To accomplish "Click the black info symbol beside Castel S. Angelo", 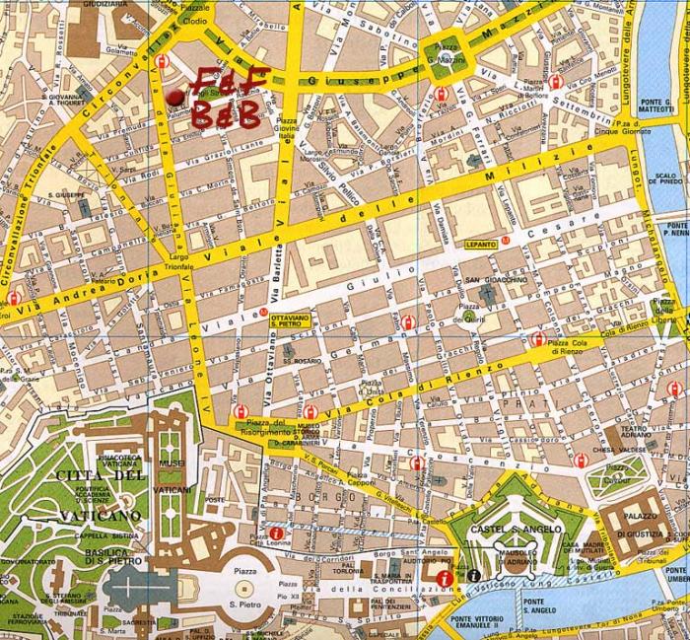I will click(475, 575).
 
